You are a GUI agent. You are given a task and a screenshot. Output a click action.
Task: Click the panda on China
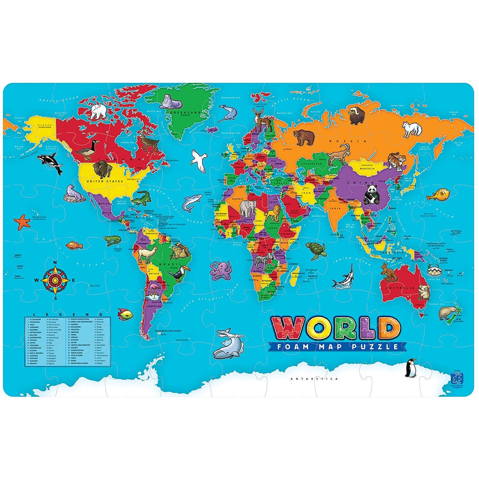tap(372, 195)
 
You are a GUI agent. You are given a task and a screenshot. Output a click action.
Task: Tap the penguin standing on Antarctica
tap(411, 368)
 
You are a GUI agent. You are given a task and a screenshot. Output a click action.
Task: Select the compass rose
tap(55, 280)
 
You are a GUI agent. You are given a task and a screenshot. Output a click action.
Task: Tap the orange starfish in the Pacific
tap(22, 221)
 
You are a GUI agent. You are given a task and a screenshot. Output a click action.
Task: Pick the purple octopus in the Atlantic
tap(220, 270)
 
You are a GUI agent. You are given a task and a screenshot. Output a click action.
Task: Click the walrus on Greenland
tap(170, 101)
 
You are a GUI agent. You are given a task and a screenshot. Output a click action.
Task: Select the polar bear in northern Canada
tap(98, 111)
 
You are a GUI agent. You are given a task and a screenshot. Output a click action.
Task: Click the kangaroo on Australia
tap(389, 272)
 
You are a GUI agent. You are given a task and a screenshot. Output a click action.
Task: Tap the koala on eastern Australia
tap(424, 292)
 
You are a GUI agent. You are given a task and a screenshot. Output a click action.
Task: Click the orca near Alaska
tap(50, 162)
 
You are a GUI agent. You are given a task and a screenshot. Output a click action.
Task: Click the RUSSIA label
tap(340, 141)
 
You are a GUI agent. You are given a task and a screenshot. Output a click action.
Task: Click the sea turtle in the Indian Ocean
tap(315, 250)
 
